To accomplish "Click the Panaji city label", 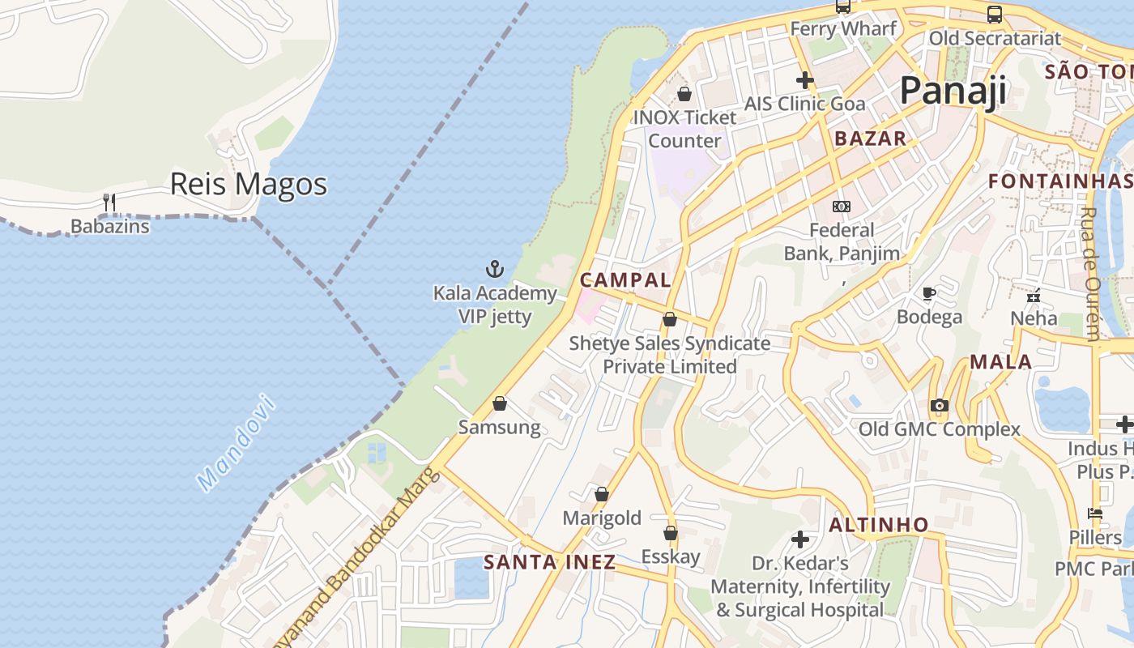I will [953, 91].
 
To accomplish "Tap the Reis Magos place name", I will [248, 185].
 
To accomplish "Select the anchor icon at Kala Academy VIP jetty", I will [494, 269].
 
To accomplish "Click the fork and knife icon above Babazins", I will [109, 202].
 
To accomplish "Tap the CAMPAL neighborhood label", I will [625, 280].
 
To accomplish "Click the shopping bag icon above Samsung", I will [500, 403].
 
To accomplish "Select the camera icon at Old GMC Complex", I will [939, 405].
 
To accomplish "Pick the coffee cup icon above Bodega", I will [929, 293].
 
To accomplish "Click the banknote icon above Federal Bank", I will [842, 207].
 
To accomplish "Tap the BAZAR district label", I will [871, 139].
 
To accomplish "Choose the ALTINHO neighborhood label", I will [879, 525].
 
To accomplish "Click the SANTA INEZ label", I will [549, 562].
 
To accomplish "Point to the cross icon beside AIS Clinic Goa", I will [804, 80].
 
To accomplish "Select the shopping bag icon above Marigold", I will [602, 494].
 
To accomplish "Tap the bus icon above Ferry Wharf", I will [843, 7].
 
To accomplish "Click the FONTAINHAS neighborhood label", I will [1059, 181].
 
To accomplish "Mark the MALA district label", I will [1001, 362].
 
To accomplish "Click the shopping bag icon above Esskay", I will [671, 533].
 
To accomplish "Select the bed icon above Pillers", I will [1095, 514].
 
